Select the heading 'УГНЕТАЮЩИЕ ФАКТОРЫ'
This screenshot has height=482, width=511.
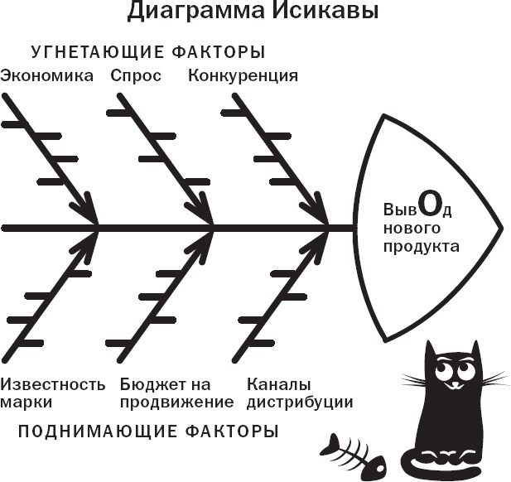148,52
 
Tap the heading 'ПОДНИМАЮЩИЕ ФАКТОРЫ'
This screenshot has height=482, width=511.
148,431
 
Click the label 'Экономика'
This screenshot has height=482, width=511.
48,75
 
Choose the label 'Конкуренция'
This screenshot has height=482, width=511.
243,75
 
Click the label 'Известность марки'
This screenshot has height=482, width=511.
53,393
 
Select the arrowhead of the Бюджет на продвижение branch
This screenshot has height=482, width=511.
205,240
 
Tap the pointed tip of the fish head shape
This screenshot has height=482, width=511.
500,225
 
